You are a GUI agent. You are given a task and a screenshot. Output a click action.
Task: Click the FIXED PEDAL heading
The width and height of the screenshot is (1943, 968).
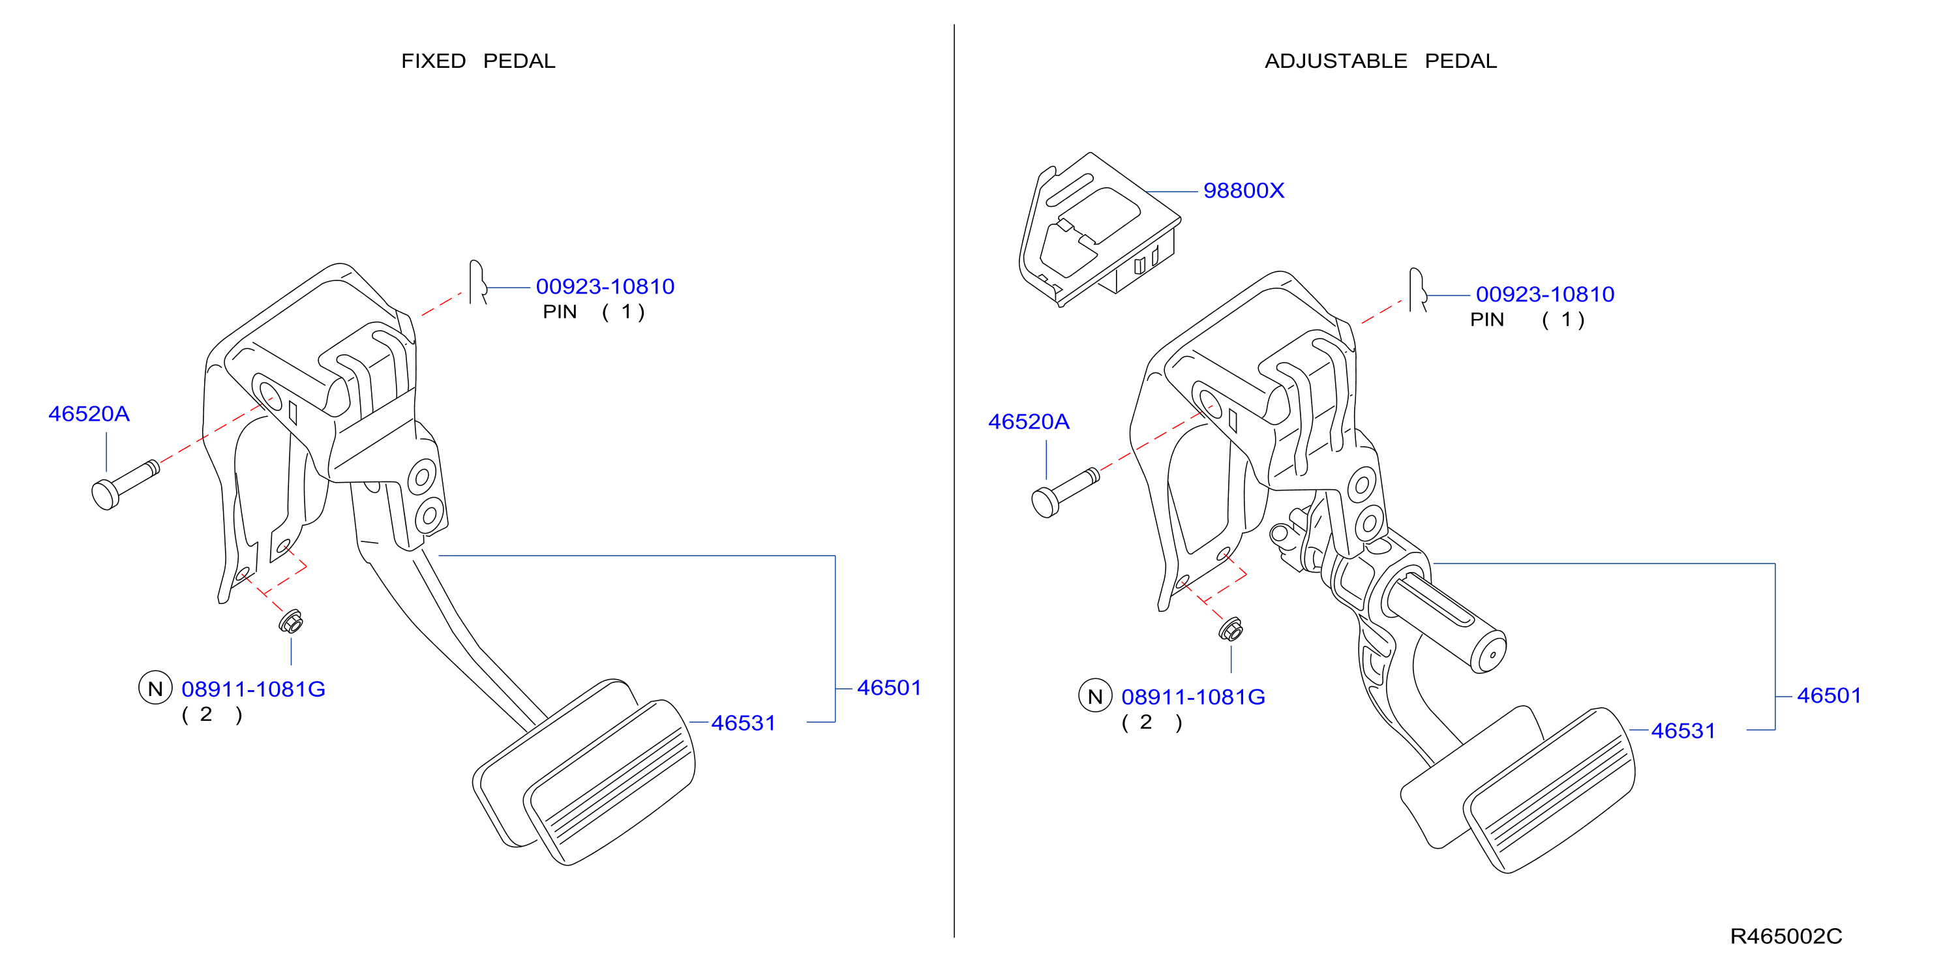point(478,61)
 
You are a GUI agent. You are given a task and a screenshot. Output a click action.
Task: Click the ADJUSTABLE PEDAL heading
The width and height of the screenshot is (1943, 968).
point(1380,61)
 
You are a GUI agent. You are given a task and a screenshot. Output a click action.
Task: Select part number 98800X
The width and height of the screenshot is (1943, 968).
point(1243,191)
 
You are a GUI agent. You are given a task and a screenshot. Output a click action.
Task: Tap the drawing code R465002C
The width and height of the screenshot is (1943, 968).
point(1785,936)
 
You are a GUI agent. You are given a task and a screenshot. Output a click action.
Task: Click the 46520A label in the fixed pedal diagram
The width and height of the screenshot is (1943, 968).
point(89,414)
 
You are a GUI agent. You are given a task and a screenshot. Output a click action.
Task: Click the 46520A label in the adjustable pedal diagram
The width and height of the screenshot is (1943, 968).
point(1029,422)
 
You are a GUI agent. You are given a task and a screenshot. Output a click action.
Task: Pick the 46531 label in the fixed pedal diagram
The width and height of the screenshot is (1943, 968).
point(743,723)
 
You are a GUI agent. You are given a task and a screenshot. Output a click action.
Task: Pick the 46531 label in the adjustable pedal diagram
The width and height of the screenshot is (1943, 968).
point(1683,731)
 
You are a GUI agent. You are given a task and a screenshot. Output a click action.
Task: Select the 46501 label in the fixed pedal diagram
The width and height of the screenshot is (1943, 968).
point(888,688)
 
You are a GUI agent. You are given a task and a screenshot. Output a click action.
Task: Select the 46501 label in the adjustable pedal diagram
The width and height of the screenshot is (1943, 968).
point(1828,695)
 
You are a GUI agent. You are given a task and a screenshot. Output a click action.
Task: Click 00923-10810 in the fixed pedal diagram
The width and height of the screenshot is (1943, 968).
point(605,287)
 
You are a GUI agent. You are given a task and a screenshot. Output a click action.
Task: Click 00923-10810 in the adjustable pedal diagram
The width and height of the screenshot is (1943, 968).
point(1544,294)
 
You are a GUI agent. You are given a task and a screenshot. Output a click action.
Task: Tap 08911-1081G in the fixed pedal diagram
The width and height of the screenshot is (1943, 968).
point(254,689)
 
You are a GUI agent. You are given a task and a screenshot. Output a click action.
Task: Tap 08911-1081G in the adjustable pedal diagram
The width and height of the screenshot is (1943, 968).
point(1193,697)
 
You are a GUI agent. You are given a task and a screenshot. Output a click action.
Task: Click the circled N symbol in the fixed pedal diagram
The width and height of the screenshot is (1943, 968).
point(155,688)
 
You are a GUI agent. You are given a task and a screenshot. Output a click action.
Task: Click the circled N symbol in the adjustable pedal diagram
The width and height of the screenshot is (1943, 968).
point(1095,695)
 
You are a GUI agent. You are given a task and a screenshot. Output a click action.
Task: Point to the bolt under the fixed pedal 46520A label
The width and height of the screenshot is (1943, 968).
point(125,485)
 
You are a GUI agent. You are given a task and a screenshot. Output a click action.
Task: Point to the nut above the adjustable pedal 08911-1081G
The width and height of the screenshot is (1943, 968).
point(1231,629)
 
